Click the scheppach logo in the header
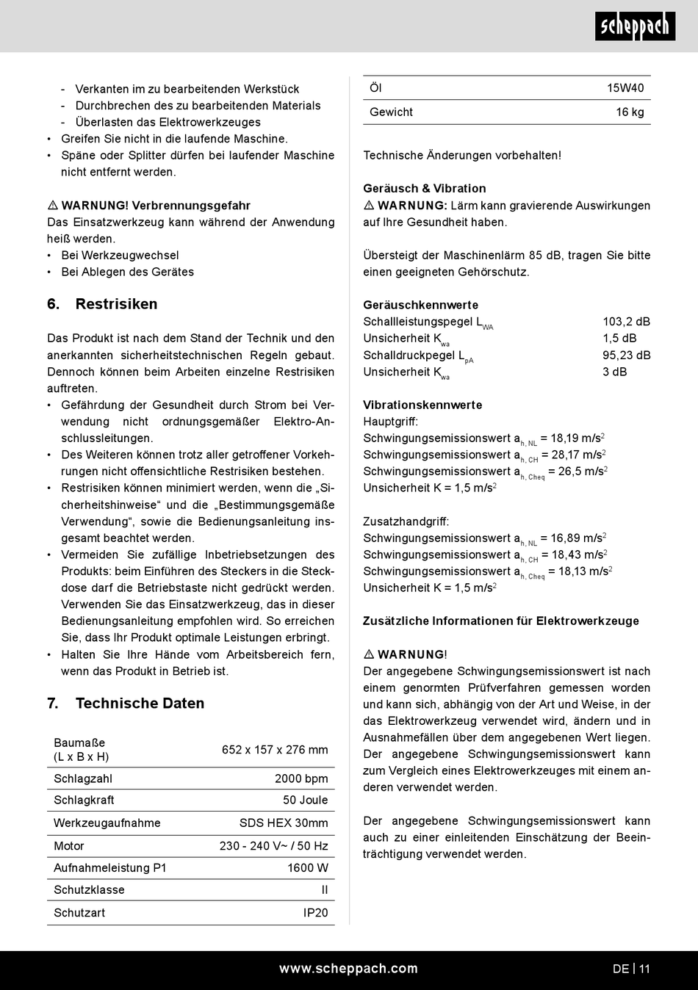pyautogui.click(x=635, y=27)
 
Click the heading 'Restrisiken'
pyautogui.click(x=116, y=304)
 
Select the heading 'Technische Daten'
pyautogui.click(x=140, y=704)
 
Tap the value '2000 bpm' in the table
pyautogui.click(x=301, y=778)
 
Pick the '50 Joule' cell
pyautogui.click(x=305, y=800)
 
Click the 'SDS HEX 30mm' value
pyautogui.click(x=284, y=823)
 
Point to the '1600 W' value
pyautogui.click(x=307, y=867)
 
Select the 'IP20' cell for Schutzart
pyautogui.click(x=315, y=912)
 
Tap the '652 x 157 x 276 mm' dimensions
pyautogui.click(x=275, y=749)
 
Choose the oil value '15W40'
pyautogui.click(x=625, y=88)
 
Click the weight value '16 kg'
pyautogui.click(x=630, y=112)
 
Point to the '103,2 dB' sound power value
pyautogui.click(x=626, y=322)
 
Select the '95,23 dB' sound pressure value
pyautogui.click(x=626, y=355)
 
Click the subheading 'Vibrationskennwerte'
pyautogui.click(x=422, y=405)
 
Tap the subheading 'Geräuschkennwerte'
pyautogui.click(x=420, y=305)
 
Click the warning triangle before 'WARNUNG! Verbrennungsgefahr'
pyautogui.click(x=53, y=206)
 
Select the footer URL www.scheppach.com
pyautogui.click(x=348, y=969)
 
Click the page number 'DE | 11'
pyautogui.click(x=631, y=969)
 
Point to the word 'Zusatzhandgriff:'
pyautogui.click(x=406, y=521)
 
